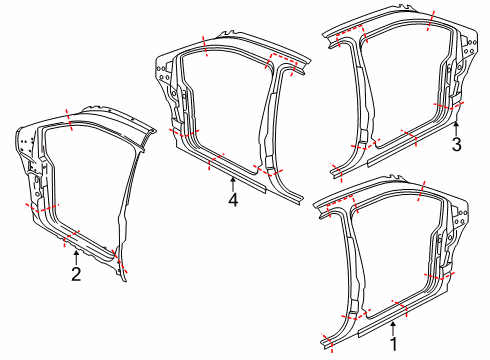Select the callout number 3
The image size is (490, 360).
pos(456,144)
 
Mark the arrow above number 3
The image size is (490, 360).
pos(456,127)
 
